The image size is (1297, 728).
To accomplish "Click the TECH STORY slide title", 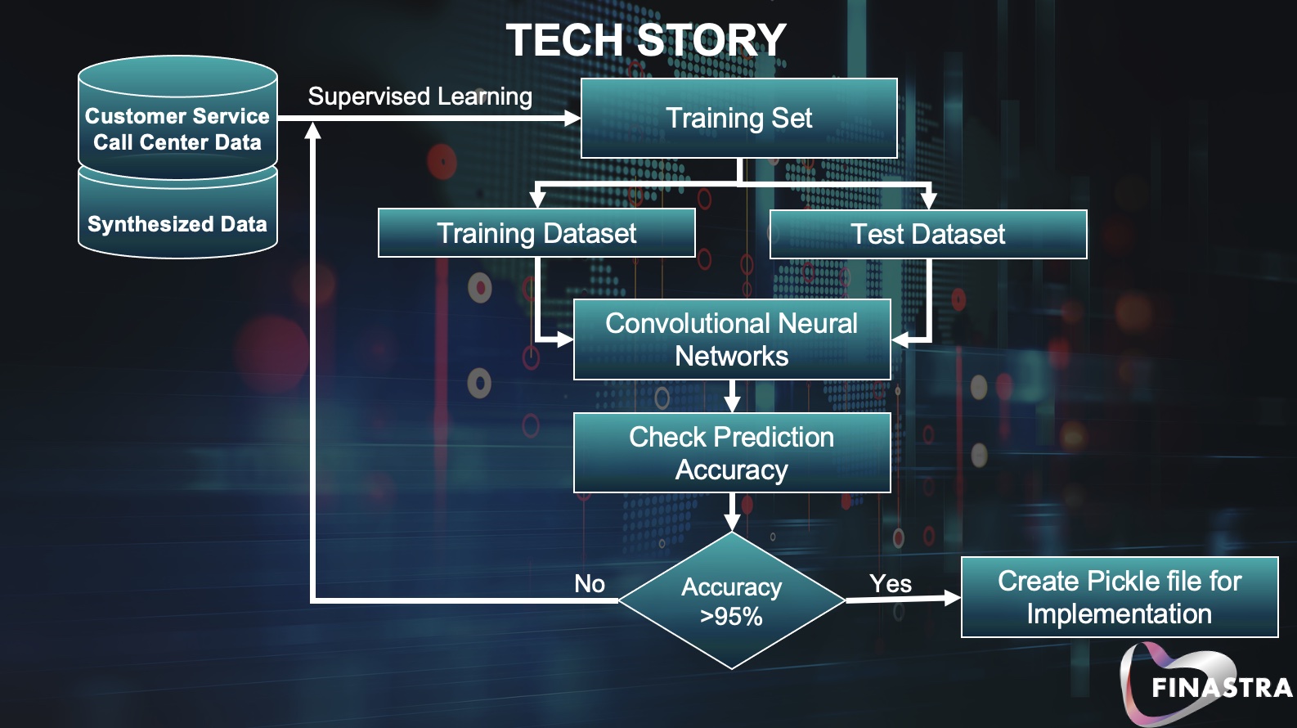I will (x=645, y=40).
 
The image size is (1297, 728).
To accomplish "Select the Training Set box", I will (x=738, y=119).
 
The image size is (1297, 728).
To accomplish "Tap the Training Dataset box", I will (x=536, y=234).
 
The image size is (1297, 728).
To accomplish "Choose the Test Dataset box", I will (x=928, y=235).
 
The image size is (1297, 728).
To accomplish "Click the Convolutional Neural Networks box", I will (x=732, y=339).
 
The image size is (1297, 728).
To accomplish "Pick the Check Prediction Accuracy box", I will (x=732, y=453).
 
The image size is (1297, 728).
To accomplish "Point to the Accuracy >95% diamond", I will (x=732, y=601).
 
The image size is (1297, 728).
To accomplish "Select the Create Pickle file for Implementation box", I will (x=1120, y=597).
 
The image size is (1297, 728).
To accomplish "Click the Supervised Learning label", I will (x=420, y=97).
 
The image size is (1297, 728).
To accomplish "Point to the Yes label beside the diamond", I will (x=891, y=584).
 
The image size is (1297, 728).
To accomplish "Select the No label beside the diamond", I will (x=590, y=584).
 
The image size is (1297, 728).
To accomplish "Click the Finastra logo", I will (x=1206, y=685).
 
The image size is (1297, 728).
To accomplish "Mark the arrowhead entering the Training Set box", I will (x=572, y=119).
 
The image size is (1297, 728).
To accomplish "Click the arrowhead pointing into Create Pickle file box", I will (x=952, y=598).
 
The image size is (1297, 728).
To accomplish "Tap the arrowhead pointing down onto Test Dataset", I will (x=928, y=200).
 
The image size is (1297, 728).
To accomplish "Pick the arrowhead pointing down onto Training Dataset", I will (x=537, y=199).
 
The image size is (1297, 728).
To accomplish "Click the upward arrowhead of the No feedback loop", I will (x=312, y=131).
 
